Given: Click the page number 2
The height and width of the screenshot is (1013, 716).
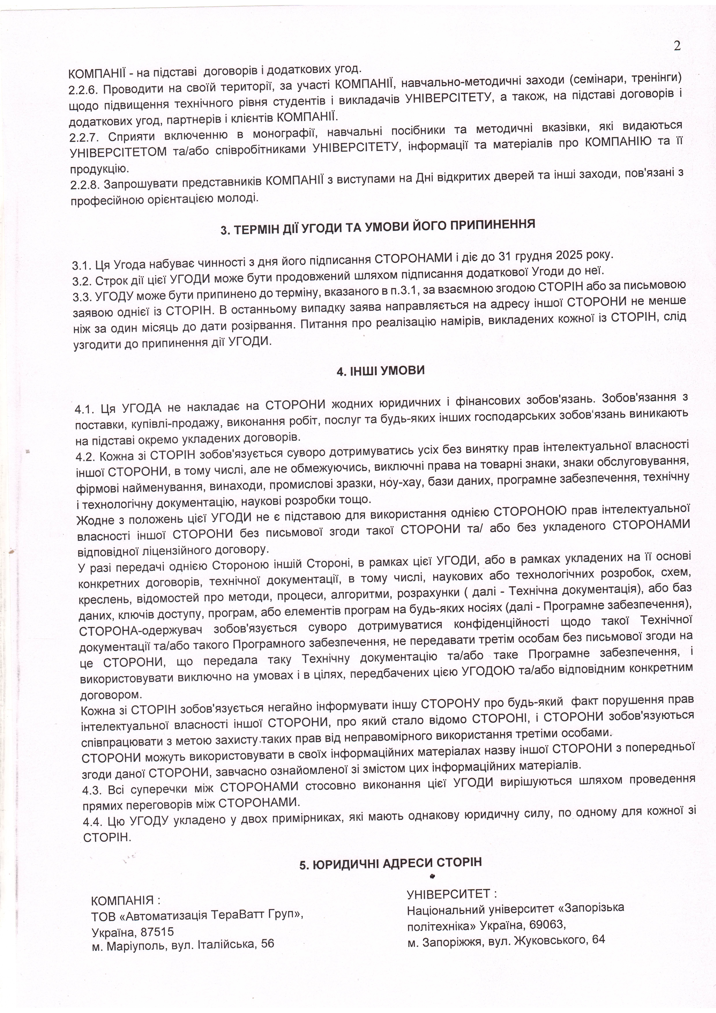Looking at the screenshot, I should click(x=677, y=46).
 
